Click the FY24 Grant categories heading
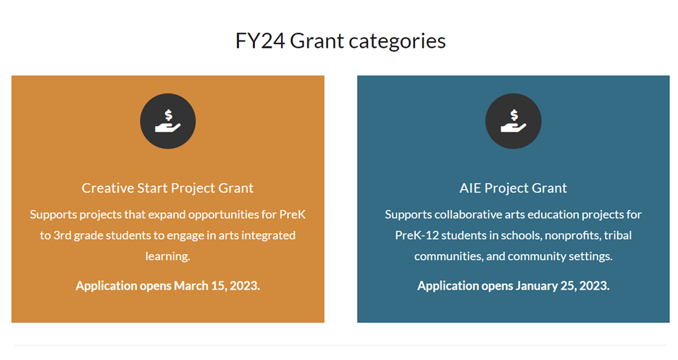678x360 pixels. pyautogui.click(x=340, y=41)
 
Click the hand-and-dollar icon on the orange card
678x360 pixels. pyautogui.click(x=168, y=121)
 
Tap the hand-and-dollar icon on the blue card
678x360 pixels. pyautogui.click(x=513, y=121)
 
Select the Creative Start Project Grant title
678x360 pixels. pyautogui.click(x=167, y=188)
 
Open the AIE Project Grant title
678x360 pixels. pyautogui.click(x=513, y=188)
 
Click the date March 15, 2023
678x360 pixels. pyautogui.click(x=217, y=285)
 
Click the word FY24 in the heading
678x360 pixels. pyautogui.click(x=260, y=41)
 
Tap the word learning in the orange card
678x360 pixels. pyautogui.click(x=167, y=256)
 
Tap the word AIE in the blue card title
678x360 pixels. pyautogui.click(x=470, y=188)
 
